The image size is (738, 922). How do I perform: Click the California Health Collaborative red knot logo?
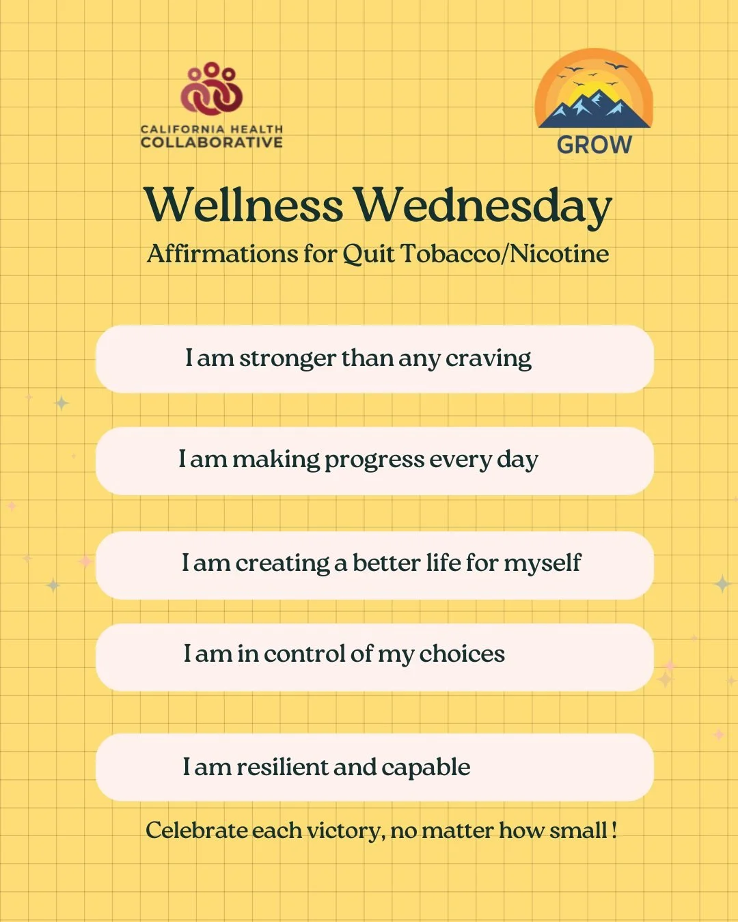[x=212, y=89]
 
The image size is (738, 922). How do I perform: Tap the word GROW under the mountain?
[x=594, y=145]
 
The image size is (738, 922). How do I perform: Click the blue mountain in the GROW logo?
[x=593, y=109]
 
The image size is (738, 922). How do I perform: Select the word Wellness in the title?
[x=243, y=205]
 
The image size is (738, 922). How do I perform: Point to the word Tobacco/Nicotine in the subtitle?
[x=504, y=254]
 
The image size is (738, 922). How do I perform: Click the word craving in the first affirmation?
[x=488, y=359]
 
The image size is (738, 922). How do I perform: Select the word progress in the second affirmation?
[x=374, y=460]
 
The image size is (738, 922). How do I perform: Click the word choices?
[x=462, y=654]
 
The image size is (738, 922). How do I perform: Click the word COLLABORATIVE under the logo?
[x=211, y=143]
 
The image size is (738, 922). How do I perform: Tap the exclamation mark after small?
[x=614, y=830]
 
